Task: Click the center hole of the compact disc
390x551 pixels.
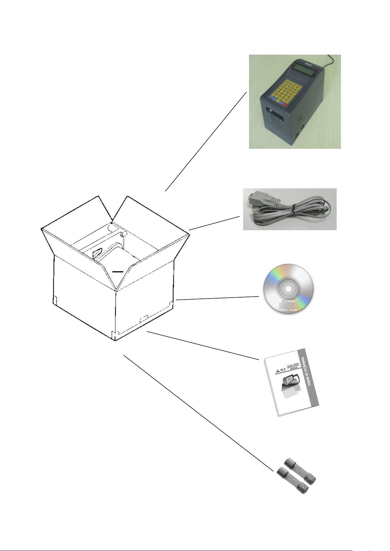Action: point(289,289)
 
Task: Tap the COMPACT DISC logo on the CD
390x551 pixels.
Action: point(288,306)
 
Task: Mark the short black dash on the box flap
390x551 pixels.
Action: point(117,271)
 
